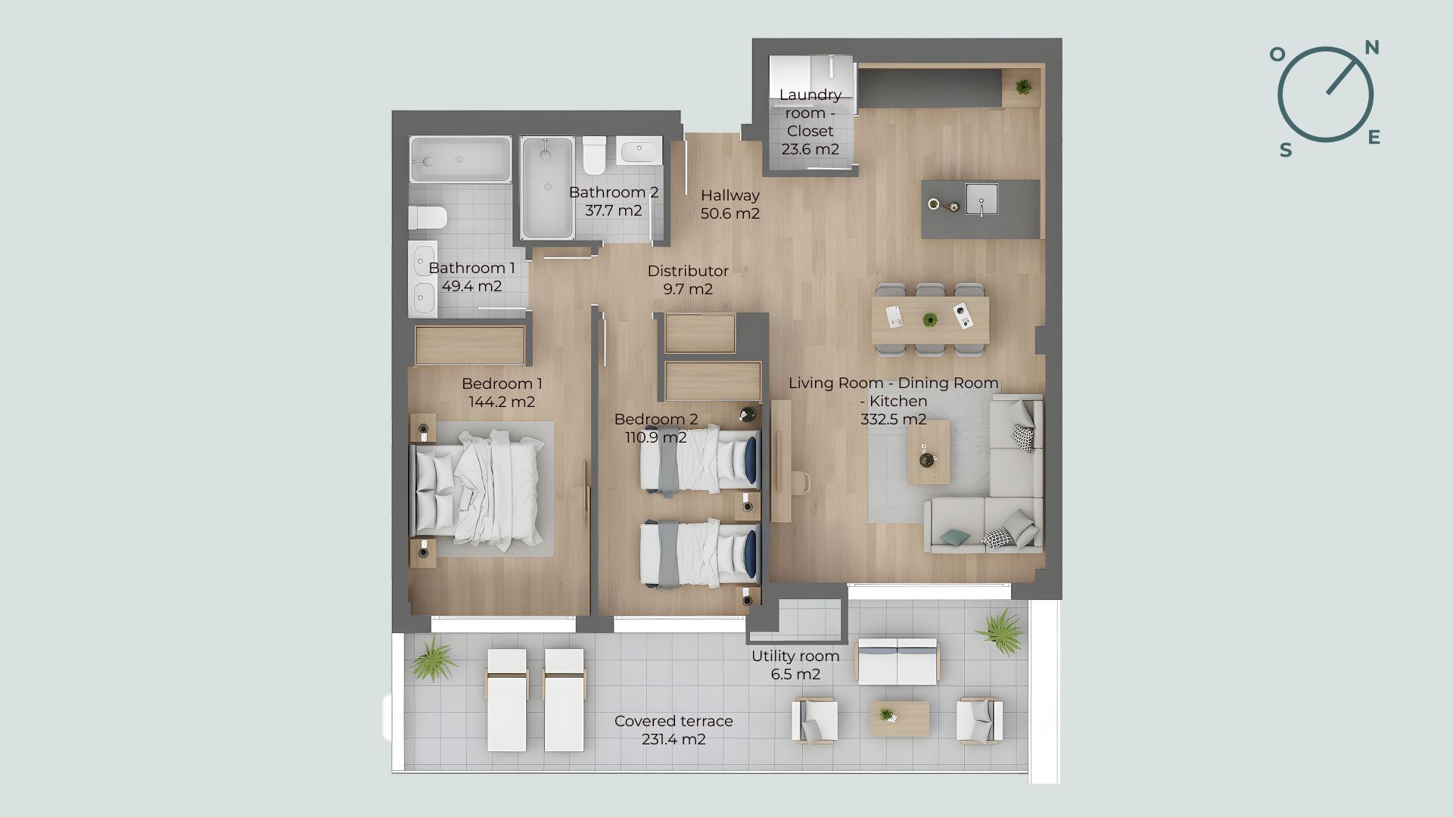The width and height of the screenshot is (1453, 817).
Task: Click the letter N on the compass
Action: pos(1371,48)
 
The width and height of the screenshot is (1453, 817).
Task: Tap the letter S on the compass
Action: pos(1286,151)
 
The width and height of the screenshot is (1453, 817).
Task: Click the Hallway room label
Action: pos(730,195)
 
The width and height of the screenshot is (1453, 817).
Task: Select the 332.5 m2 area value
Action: pos(894,419)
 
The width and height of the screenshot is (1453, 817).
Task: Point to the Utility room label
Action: pos(795,657)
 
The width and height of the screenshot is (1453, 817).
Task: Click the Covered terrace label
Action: pos(674,721)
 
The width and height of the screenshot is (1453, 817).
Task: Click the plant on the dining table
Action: pos(929,319)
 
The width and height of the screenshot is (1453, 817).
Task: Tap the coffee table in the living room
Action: pos(929,452)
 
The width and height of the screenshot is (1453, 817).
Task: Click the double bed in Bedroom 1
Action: pos(478,489)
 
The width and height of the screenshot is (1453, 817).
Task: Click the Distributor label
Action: pos(688,271)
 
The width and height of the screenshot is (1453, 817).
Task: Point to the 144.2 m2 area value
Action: pos(502,402)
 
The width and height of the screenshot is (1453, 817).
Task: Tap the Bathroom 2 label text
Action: pos(614,192)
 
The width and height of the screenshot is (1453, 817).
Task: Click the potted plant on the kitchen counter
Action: pos(1023,87)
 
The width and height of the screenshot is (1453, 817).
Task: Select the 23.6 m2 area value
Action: pos(811,149)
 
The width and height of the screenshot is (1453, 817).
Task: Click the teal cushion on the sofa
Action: pos(954,537)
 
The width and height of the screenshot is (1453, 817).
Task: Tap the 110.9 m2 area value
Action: pos(656,437)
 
